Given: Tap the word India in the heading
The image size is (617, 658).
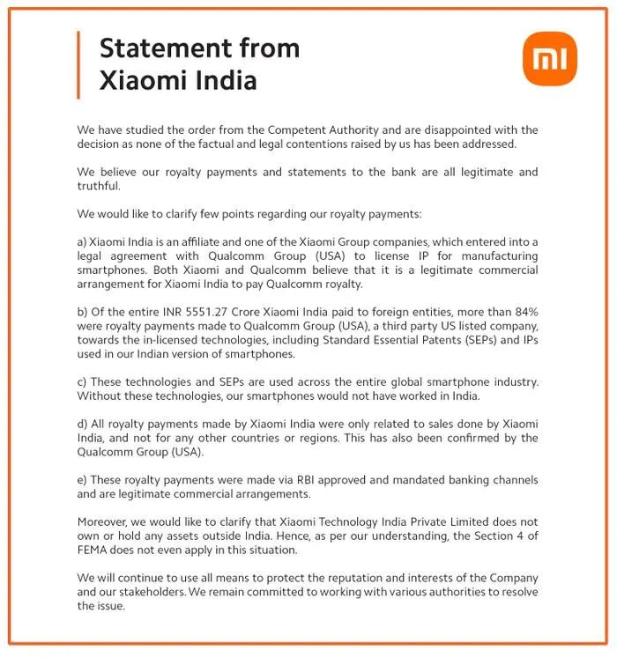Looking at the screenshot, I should (x=219, y=81).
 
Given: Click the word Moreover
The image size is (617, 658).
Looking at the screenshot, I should (x=106, y=521).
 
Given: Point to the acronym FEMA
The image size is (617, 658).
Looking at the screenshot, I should (x=97, y=550).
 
